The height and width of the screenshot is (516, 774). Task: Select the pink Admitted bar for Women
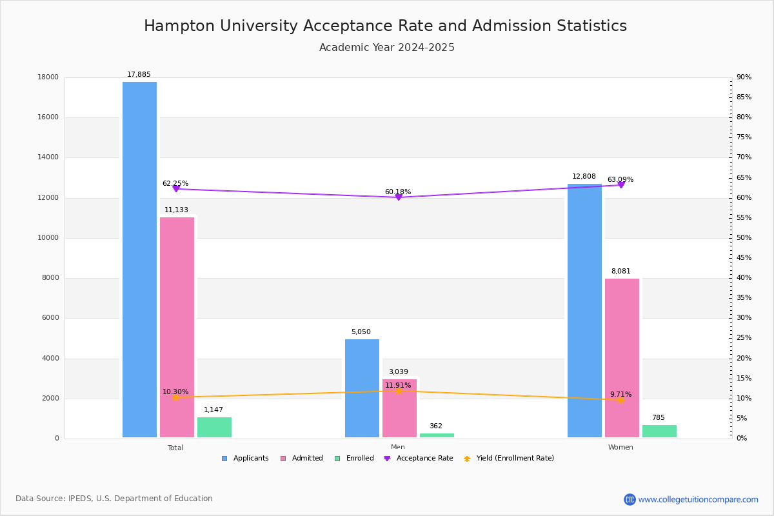[x=622, y=358]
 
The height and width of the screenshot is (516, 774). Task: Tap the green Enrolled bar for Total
[x=214, y=428]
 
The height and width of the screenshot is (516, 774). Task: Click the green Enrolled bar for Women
[x=659, y=432]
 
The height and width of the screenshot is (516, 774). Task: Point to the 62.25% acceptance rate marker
[x=176, y=189]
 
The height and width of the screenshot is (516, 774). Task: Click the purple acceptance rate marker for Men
[x=399, y=197]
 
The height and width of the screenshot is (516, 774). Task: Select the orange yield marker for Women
[x=621, y=400]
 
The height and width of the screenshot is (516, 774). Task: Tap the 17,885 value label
[x=139, y=75]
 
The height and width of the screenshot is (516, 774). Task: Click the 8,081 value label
[x=621, y=272]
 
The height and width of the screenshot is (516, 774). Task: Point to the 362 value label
[x=436, y=426]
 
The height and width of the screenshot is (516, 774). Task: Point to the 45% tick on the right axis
[x=744, y=258]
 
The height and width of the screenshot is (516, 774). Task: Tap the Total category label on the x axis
[x=175, y=448]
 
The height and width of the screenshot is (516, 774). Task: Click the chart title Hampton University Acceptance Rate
[x=385, y=26]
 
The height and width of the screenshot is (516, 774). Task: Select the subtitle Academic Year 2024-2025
[x=386, y=48]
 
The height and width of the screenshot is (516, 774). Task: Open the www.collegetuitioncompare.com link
[x=698, y=499]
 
